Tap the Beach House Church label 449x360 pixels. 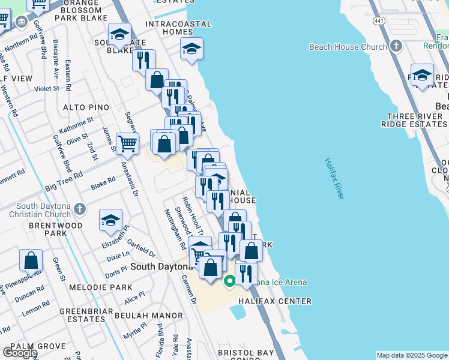tap(348, 47)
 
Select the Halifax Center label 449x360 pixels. tap(274, 301)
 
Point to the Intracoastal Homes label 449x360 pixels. tap(178, 28)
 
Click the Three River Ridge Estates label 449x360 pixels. tap(414, 120)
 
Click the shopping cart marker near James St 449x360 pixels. tap(127, 144)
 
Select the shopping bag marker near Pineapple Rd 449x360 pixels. tap(31, 261)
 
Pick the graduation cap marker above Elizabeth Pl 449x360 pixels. tap(110, 221)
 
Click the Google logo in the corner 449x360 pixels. tap(19, 353)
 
